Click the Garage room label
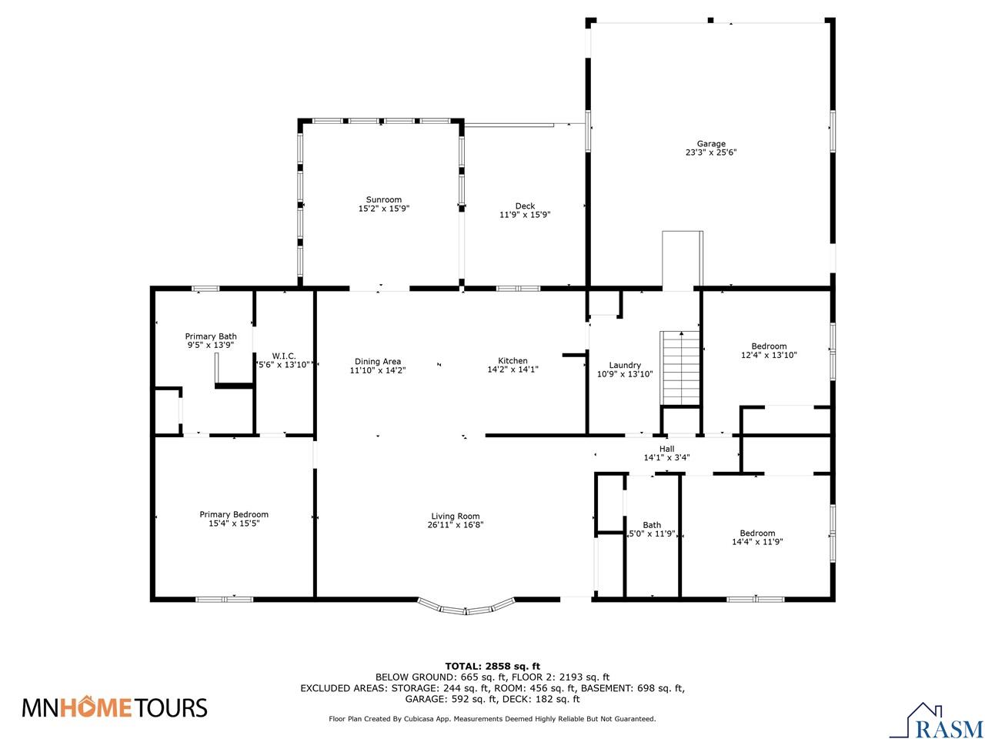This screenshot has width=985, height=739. pyautogui.click(x=711, y=144)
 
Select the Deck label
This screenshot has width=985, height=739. pyautogui.click(x=525, y=206)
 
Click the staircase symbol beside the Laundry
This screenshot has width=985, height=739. pyautogui.click(x=680, y=368)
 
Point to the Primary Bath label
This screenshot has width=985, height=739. pyautogui.click(x=211, y=336)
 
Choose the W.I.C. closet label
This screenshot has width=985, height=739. pyautogui.click(x=284, y=355)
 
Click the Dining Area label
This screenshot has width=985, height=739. pyautogui.click(x=377, y=361)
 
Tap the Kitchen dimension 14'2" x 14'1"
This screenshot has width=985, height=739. pyautogui.click(x=513, y=370)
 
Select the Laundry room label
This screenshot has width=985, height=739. pyautogui.click(x=624, y=365)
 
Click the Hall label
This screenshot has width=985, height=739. pyautogui.click(x=666, y=448)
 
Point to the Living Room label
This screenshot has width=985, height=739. pyautogui.click(x=455, y=517)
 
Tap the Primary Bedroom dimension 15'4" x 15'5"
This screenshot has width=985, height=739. pyautogui.click(x=234, y=524)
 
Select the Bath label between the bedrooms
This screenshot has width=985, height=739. pyautogui.click(x=652, y=525)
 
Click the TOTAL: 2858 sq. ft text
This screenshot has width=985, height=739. pyautogui.click(x=492, y=666)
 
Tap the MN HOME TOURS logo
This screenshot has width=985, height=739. pyautogui.click(x=115, y=707)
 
